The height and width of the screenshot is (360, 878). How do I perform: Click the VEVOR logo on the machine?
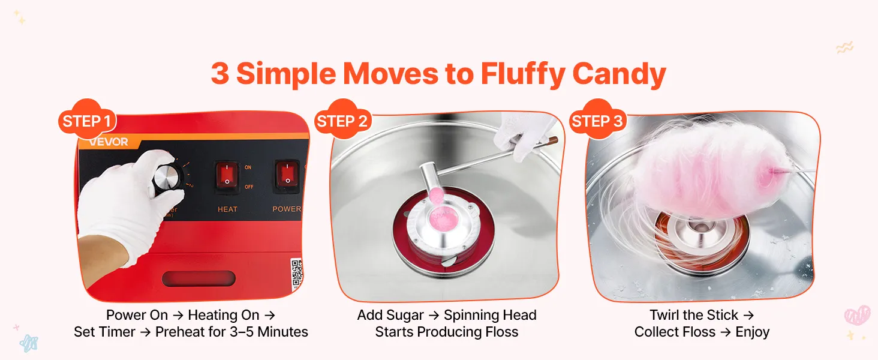click(109, 142)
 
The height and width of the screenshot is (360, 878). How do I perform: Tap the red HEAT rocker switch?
click(227, 176)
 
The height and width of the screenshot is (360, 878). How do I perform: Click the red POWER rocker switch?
click(287, 176)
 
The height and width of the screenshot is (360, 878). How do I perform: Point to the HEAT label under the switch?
click(228, 209)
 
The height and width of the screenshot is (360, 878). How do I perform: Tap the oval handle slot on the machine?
click(199, 278)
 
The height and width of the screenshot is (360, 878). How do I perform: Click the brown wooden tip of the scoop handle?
click(553, 140)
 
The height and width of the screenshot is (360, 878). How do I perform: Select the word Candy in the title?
click(620, 74)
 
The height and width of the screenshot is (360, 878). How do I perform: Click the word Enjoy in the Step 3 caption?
click(752, 332)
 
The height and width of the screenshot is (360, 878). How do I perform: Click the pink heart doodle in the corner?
click(856, 315)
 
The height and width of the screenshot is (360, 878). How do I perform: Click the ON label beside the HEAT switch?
click(248, 167)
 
